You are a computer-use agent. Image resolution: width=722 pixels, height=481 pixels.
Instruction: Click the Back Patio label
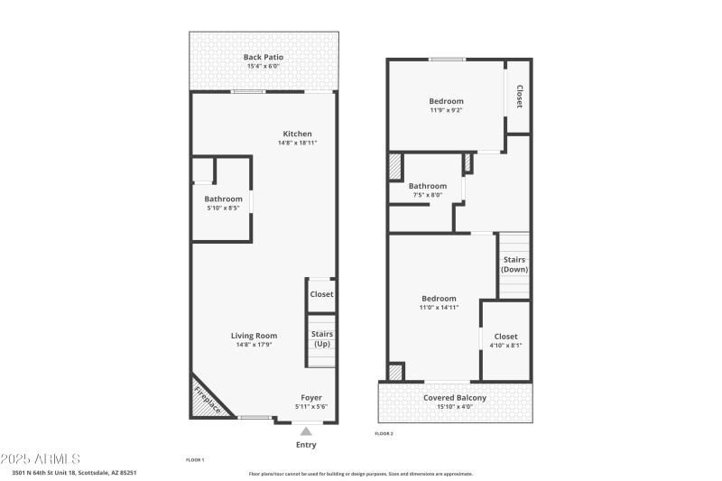(x=264, y=57)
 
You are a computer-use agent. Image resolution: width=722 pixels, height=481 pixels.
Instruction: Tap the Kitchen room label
(x=297, y=134)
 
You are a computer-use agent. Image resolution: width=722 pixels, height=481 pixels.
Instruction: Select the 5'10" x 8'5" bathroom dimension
(x=223, y=208)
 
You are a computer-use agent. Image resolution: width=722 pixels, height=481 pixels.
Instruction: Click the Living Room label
(x=255, y=335)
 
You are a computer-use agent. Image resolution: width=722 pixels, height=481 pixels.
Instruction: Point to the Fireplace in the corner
(x=208, y=398)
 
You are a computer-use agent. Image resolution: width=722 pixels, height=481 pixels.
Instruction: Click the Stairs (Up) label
(x=321, y=338)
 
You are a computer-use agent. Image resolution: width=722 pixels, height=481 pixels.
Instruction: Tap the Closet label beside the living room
(x=321, y=294)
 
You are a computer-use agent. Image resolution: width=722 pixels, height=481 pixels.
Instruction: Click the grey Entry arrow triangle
(x=306, y=431)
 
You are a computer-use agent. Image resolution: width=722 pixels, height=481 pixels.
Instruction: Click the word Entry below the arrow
(x=306, y=444)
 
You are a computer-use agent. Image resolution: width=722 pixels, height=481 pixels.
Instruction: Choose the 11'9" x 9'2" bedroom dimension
(x=446, y=110)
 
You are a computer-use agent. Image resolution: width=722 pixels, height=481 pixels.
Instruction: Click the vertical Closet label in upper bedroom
(x=519, y=97)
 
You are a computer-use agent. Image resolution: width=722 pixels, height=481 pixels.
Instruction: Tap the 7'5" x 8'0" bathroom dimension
(x=429, y=195)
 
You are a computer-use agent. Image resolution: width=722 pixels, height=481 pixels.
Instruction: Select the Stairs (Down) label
(x=514, y=264)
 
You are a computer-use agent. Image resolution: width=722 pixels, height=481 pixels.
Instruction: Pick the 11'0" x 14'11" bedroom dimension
(x=439, y=308)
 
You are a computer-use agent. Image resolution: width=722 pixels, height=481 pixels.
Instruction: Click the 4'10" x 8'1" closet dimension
(x=505, y=346)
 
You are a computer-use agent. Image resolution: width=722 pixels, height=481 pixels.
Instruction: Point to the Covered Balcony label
(x=455, y=397)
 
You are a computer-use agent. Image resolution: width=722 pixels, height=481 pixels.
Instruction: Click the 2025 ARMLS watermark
(x=41, y=458)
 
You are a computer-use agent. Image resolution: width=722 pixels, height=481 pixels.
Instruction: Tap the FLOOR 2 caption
(x=384, y=434)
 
